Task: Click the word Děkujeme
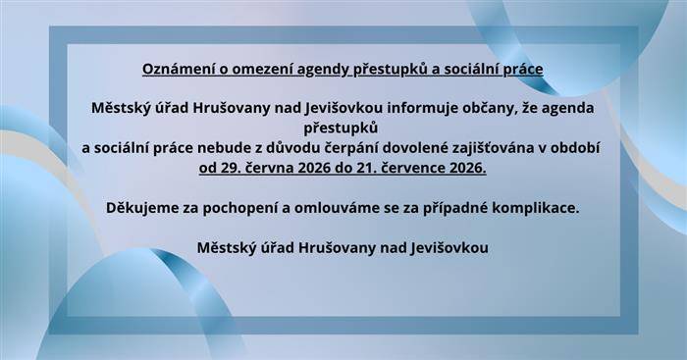[141, 209]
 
